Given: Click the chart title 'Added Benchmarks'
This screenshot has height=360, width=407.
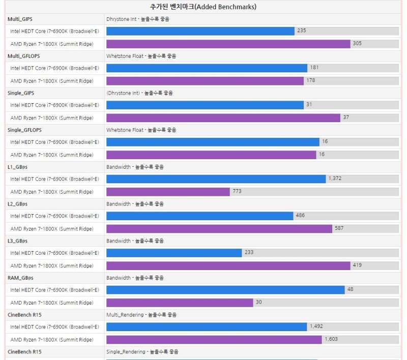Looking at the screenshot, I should (203, 7).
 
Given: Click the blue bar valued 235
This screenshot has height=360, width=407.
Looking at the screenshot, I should (200, 31).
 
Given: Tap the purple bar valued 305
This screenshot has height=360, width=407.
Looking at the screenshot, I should (228, 44).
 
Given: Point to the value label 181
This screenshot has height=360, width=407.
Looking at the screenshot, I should (314, 68).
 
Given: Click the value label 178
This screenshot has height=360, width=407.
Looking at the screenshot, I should (311, 80).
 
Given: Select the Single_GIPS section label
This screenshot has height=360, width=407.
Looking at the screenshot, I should (21, 93).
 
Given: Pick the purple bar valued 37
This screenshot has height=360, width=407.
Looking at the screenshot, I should (223, 117).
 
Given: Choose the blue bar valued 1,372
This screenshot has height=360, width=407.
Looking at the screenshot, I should (216, 179).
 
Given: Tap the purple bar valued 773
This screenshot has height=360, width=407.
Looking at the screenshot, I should (168, 192).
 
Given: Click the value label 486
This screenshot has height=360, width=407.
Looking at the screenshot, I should (300, 216).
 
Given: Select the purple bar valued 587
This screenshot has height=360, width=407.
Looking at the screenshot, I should (219, 228).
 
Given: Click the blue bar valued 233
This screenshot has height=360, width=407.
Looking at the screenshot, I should (173, 253).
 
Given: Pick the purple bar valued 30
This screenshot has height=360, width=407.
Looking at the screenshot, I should (179, 303).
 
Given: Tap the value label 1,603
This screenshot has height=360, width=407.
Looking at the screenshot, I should (331, 339).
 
